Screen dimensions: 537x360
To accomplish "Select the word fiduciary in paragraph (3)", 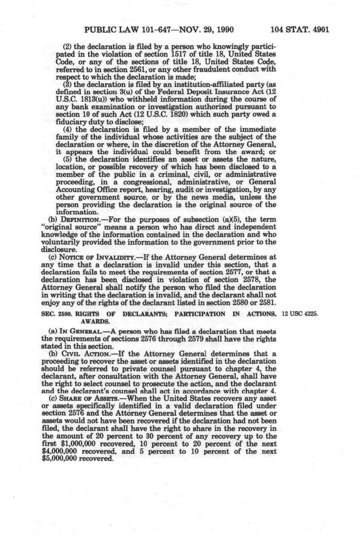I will point(71,122).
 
